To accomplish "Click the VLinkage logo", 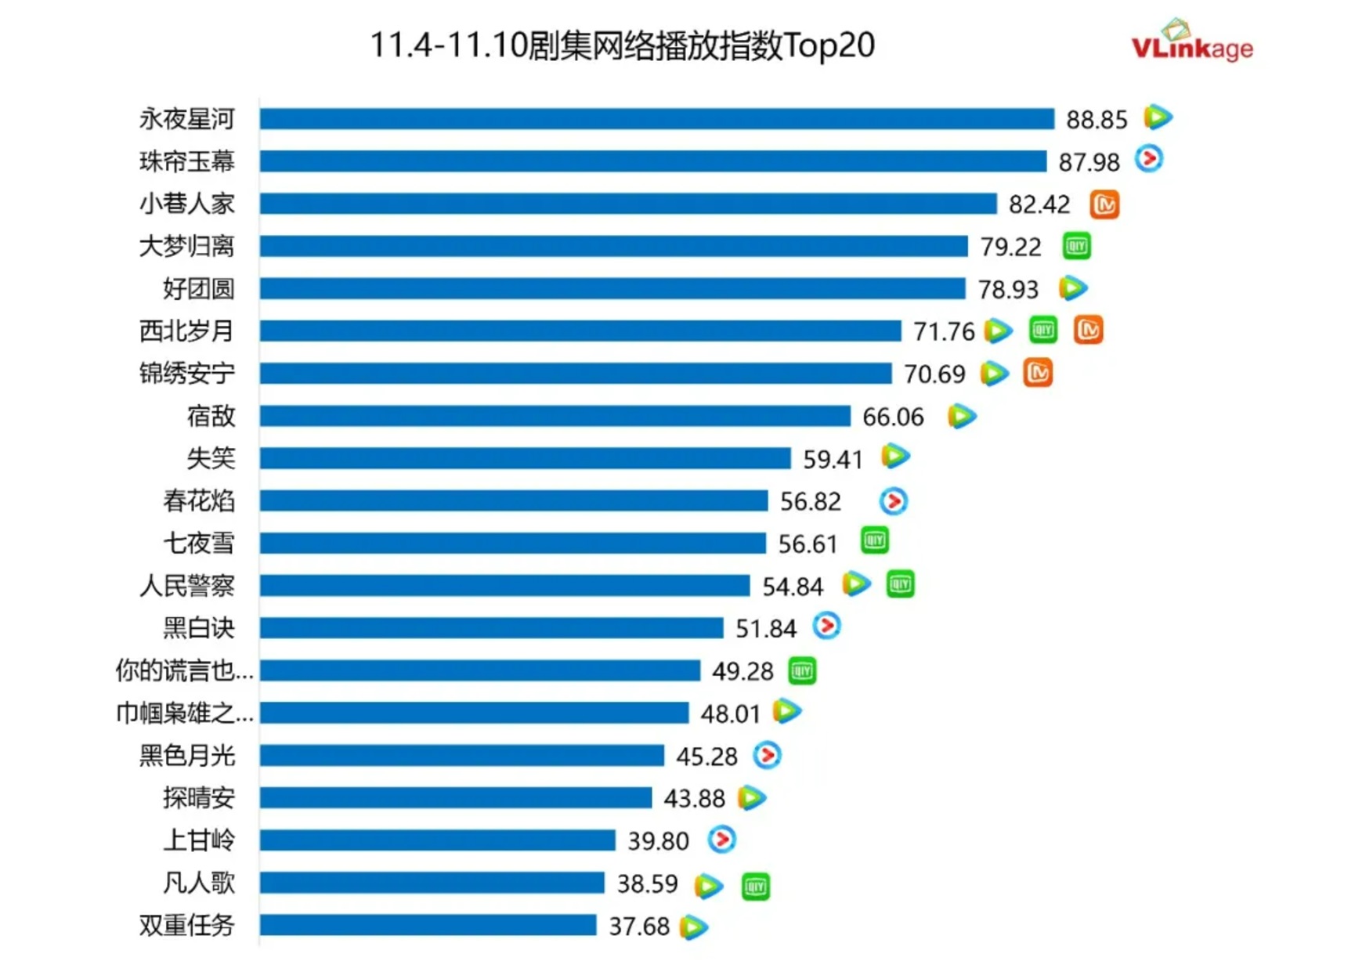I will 1191,43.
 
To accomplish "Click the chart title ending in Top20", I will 622,45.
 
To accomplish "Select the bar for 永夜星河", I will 656,119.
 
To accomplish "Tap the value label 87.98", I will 1089,162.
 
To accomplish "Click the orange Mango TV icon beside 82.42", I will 1104,204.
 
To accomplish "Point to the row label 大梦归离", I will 186,247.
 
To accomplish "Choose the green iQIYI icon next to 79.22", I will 1077,246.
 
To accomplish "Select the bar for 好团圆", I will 612,289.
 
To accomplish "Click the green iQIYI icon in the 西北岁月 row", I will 1043,331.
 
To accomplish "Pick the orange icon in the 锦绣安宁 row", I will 1038,373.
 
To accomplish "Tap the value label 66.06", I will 893,417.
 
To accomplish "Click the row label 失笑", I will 211,458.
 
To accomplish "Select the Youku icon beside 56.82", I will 893,501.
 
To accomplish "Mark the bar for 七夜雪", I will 512,544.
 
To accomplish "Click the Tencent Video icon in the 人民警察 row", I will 855,584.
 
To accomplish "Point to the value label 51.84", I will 765,629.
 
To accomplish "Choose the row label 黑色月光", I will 186,756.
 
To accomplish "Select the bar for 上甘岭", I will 437,841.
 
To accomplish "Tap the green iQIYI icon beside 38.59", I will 755,887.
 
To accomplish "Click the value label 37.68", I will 639,927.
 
